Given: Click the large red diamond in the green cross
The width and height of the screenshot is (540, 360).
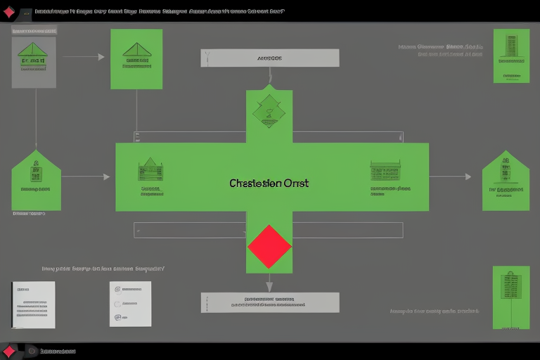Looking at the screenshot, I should point(269,246).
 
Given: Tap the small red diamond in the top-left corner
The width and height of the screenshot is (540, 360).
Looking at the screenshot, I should point(8,12).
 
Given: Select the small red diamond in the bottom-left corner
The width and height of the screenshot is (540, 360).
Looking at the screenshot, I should point(8,351).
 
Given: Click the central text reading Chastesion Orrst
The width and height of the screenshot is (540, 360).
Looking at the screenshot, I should point(269,183).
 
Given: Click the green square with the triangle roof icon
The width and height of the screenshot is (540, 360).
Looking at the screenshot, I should point(136,59).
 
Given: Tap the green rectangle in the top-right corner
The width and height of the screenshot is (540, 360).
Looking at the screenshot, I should point(511,56).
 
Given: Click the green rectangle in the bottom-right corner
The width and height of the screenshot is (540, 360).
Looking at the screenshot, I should point(511,297).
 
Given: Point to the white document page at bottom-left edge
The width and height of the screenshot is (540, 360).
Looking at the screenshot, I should point(33,304).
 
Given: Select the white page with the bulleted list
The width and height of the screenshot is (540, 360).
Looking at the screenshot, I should point(130,304).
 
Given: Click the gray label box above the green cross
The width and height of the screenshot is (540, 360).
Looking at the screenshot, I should point(270,58).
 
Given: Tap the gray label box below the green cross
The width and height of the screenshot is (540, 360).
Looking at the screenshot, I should point(270,302).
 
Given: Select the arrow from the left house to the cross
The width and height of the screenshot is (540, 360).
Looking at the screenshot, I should point(86,176).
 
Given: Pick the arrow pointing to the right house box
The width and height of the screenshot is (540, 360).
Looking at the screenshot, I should point(451,176).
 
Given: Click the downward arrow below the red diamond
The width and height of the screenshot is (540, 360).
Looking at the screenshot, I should point(269,283).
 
